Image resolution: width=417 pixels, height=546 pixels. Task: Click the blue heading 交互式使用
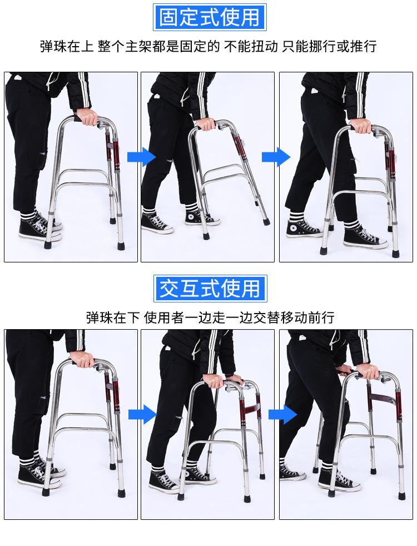pyautogui.click(x=210, y=289)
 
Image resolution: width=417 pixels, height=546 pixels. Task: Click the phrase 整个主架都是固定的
pyautogui.click(x=158, y=46)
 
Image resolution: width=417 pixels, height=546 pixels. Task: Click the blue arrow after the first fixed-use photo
pyautogui.click(x=141, y=156)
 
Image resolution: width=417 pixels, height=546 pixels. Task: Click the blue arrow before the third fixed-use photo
pyautogui.click(x=276, y=156)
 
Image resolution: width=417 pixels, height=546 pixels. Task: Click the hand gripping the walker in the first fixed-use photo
pyautogui.click(x=87, y=117)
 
